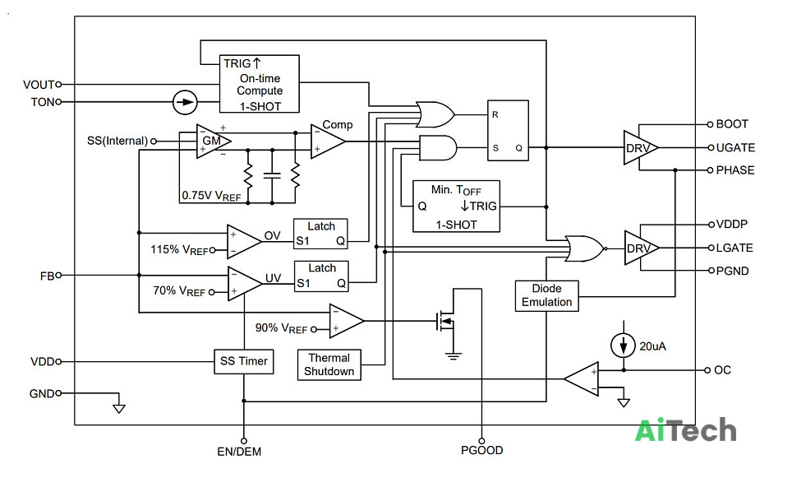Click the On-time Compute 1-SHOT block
point(259,83)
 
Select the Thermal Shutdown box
point(329,364)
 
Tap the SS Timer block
point(243,362)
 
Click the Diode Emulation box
point(546,296)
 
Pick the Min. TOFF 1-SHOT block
point(456,207)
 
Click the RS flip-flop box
point(508,131)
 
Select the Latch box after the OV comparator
point(320,234)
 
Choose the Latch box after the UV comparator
point(320,276)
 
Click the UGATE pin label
point(735,148)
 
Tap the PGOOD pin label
point(482,450)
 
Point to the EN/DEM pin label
point(239,452)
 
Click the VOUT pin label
point(39,85)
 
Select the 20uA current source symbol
point(624,346)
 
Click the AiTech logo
point(685,430)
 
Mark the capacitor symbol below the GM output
point(272,175)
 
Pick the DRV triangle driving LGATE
point(642,248)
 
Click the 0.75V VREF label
point(211,196)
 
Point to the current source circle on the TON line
point(185,102)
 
